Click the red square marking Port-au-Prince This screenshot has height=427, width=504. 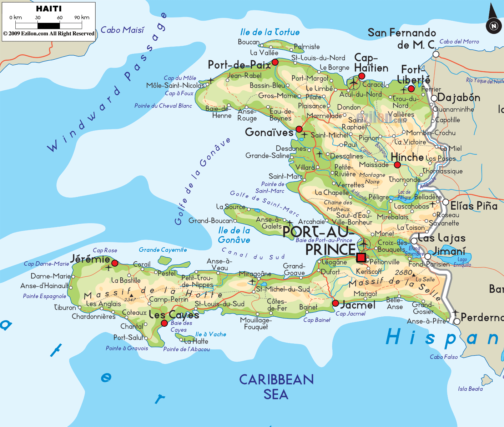tap(361, 257)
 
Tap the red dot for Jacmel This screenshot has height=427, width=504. tap(336, 303)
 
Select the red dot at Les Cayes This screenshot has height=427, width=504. tap(164, 323)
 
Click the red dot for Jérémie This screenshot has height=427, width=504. tap(115, 263)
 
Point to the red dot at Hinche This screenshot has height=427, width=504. tap(397, 165)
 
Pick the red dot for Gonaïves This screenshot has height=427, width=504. tap(299, 129)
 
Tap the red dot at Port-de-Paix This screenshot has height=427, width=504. tap(275, 62)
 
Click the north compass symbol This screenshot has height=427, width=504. tap(493, 25)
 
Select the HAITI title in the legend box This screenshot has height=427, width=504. tap(49, 9)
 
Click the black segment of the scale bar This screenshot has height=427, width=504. tap(49, 26)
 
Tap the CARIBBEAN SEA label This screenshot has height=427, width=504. tap(276, 387)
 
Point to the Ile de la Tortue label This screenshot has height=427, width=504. tap(270, 32)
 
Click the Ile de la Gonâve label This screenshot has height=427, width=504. tap(234, 235)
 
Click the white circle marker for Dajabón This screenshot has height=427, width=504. tap(434, 98)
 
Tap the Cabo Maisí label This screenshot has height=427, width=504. tap(122, 30)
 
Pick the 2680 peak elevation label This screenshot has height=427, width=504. tap(403, 272)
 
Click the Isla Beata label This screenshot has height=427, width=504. tap(470, 389)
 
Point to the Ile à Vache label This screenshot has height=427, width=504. tap(211, 334)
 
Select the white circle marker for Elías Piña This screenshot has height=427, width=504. tap(445, 202)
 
